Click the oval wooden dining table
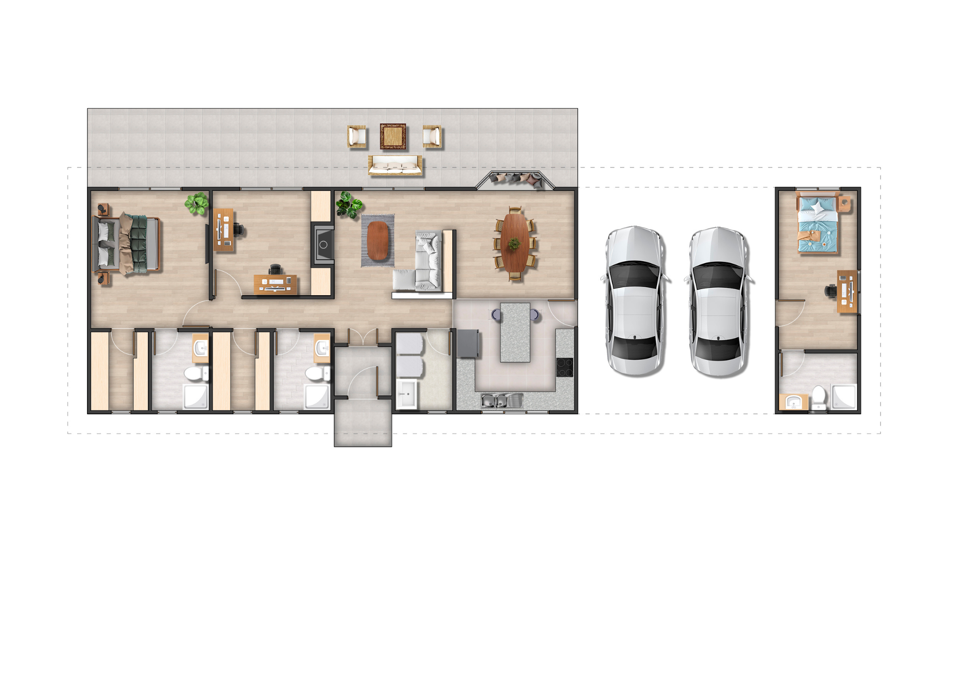[x=515, y=243]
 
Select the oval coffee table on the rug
[x=378, y=240]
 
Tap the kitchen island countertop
[x=515, y=332]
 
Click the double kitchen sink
[x=502, y=401]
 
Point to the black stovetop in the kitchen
[x=564, y=367]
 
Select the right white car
[x=717, y=302]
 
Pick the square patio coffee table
[x=393, y=137]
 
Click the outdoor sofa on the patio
[x=395, y=166]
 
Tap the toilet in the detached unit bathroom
[x=819, y=397]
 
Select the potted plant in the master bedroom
[x=197, y=204]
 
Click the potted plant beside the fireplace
[x=349, y=205]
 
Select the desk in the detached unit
[x=847, y=291]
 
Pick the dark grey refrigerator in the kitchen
[x=467, y=343]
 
